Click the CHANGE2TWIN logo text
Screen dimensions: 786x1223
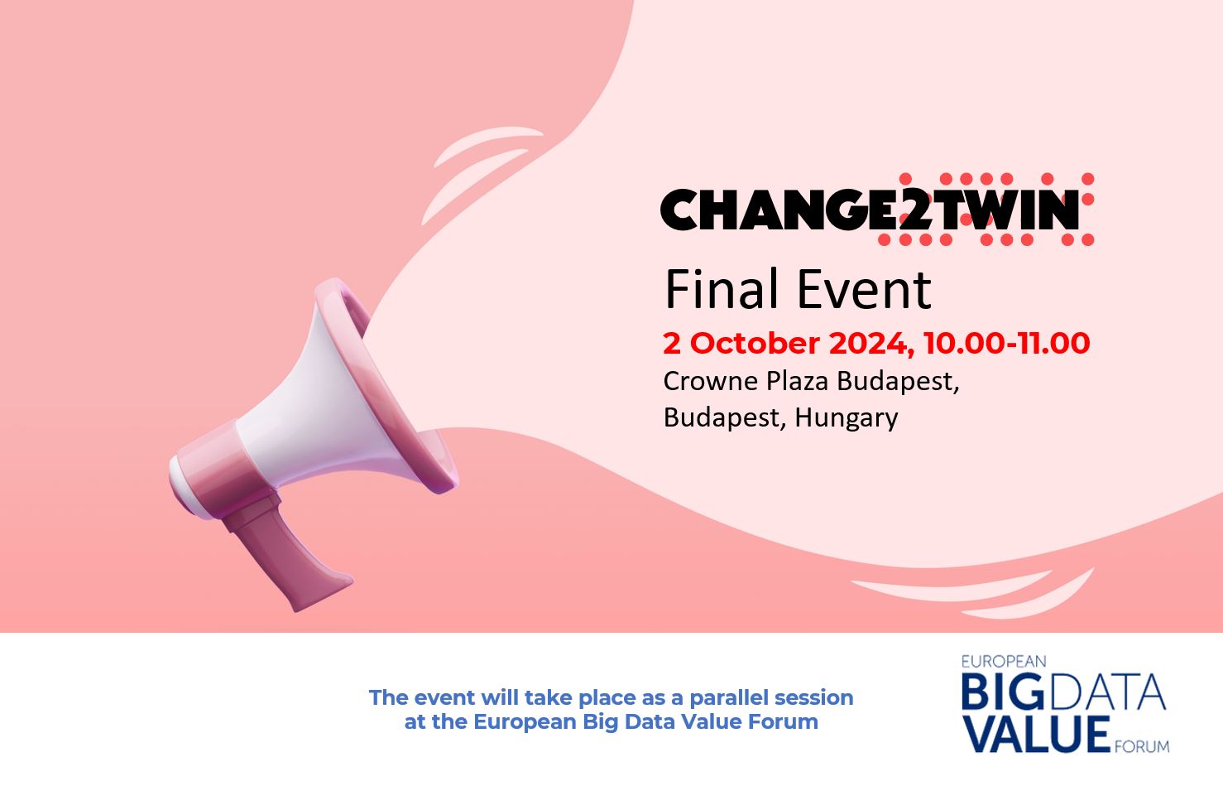pyautogui.click(x=869, y=210)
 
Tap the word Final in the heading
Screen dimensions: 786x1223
pyautogui.click(x=721, y=289)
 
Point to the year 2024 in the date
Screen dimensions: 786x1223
pyautogui.click(x=868, y=343)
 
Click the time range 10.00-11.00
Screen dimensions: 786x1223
pyautogui.click(x=1006, y=343)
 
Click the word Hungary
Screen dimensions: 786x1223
pyautogui.click(x=846, y=417)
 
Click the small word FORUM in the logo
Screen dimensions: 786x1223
pyautogui.click(x=1141, y=746)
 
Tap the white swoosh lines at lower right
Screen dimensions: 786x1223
pyautogui.click(x=993, y=592)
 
